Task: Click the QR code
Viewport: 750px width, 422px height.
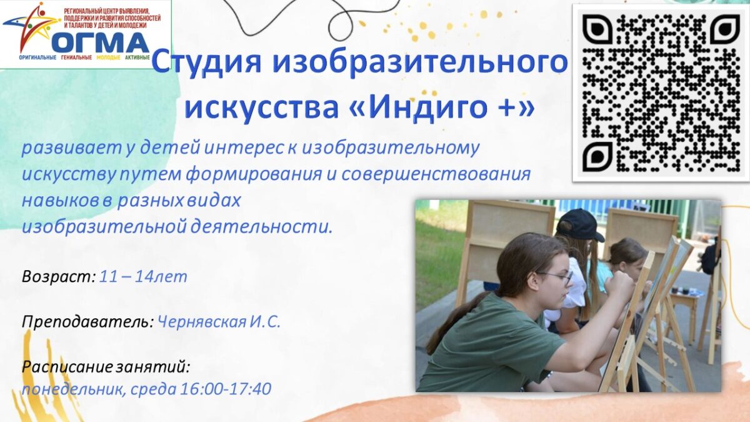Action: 661,93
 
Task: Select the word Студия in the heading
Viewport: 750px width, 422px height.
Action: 207,62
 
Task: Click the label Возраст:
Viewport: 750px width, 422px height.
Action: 59,277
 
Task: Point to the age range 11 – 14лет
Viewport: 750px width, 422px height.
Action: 143,277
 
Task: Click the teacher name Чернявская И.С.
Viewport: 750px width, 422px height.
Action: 219,322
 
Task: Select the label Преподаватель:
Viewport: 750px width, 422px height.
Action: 88,323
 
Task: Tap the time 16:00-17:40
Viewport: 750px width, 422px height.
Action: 226,389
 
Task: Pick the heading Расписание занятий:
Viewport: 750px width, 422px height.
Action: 106,367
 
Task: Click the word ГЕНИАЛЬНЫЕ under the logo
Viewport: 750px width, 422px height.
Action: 76,58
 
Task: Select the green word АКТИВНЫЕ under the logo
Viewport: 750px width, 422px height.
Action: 137,58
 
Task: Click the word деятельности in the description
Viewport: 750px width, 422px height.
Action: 262,228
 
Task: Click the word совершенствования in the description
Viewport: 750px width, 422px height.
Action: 436,175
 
